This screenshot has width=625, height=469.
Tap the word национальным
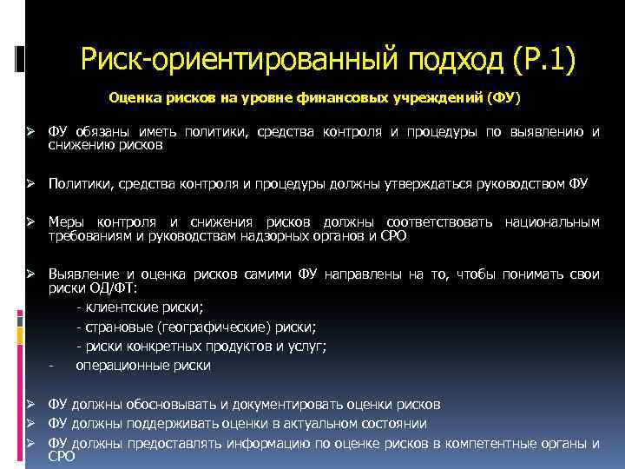coord(551,222)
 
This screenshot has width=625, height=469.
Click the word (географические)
coord(217,327)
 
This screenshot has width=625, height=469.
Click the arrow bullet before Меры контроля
coord(30,223)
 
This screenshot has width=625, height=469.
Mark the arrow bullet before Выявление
coord(30,274)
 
